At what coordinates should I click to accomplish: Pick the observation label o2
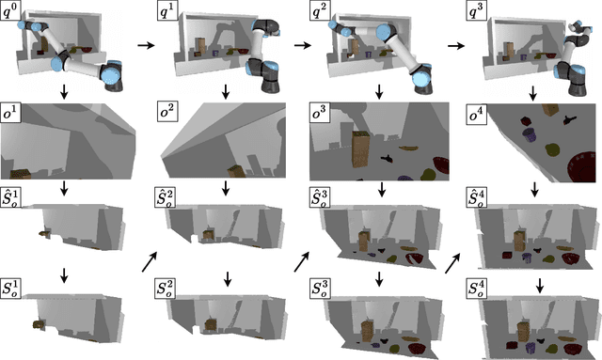coord(167,110)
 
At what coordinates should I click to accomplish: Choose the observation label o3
coord(322,110)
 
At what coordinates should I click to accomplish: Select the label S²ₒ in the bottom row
coord(168,287)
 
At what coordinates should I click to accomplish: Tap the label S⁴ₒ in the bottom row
coord(479,287)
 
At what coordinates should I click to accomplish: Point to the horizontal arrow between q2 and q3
coord(454,44)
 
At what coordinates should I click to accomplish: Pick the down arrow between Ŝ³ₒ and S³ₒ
coord(380,277)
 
